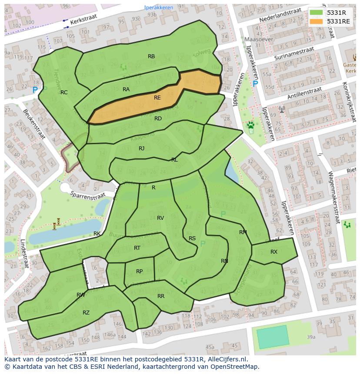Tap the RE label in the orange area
click(157, 98)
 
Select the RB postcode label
click(151, 56)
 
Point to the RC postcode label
click(64, 93)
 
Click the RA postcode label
click(126, 89)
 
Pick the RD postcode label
click(158, 119)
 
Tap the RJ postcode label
click(141, 149)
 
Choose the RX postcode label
click(274, 252)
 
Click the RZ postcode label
click(86, 313)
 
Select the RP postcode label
click(139, 271)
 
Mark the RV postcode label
click(160, 218)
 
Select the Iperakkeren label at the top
click(159, 8)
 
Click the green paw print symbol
click(251, 126)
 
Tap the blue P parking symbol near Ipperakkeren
click(255, 84)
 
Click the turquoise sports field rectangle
click(273, 337)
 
